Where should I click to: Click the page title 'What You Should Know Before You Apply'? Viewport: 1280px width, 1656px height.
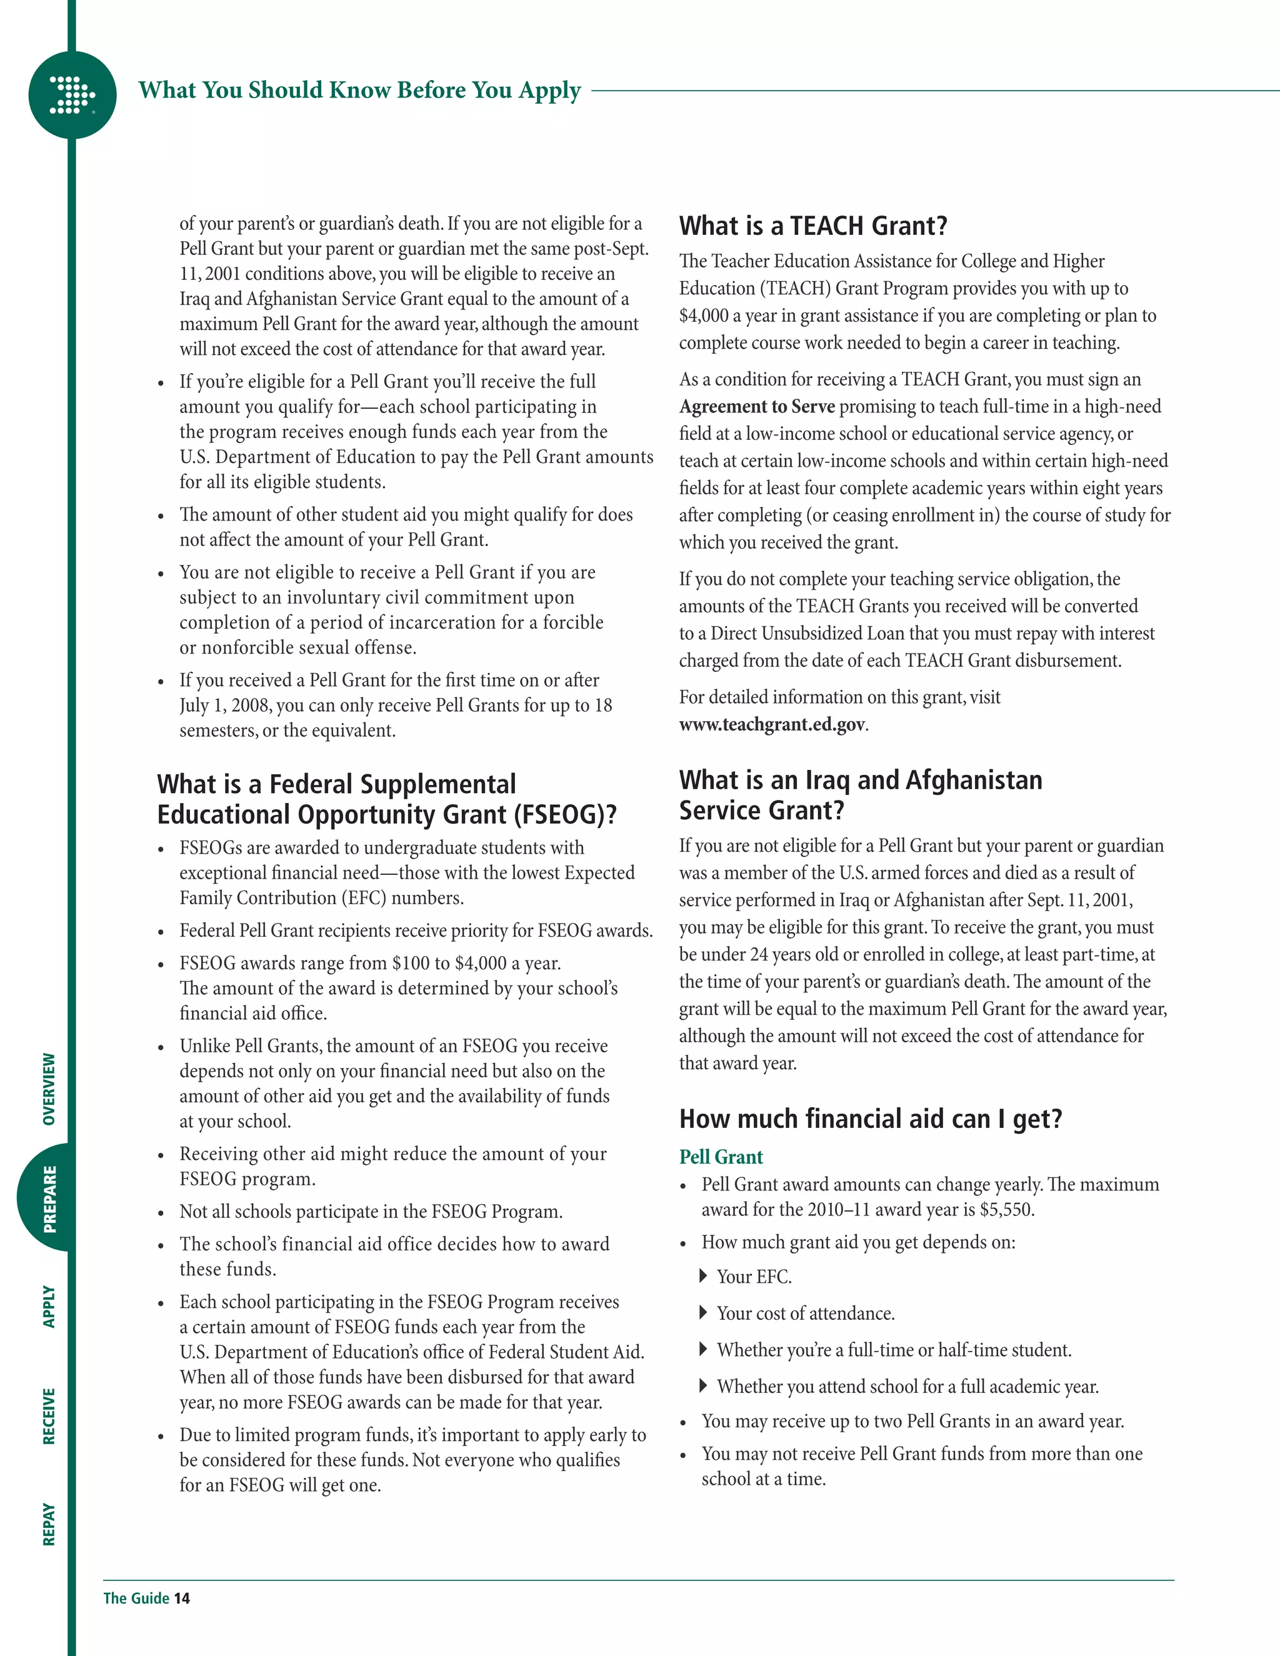[359, 90]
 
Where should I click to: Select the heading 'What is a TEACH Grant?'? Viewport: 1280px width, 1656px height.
[813, 226]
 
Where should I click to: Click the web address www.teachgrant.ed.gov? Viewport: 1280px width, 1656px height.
[771, 725]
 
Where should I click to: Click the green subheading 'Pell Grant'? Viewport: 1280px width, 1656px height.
[721, 1157]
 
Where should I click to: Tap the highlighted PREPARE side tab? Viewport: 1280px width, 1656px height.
[49, 1199]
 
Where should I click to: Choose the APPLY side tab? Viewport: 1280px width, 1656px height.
[49, 1307]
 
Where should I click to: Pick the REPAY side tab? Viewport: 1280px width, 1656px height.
[49, 1525]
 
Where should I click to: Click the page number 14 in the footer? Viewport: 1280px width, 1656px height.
[182, 1599]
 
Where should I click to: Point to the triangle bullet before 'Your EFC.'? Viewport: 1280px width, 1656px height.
[703, 1276]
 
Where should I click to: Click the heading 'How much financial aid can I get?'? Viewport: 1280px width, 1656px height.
[871, 1119]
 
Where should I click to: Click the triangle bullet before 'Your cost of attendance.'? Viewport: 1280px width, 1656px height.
[703, 1312]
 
